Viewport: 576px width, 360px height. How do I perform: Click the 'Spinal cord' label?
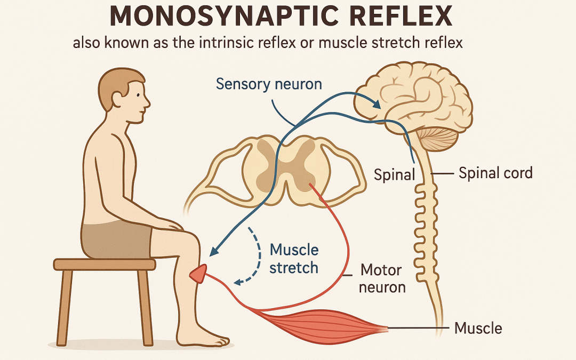pyautogui.click(x=495, y=173)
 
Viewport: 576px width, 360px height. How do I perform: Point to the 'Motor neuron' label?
pyautogui.click(x=382, y=277)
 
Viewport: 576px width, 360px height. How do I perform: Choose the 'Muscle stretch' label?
pyautogui.click(x=294, y=258)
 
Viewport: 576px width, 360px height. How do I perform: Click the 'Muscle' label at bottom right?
pyautogui.click(x=478, y=327)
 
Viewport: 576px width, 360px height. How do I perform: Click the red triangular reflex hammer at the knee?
pyautogui.click(x=199, y=274)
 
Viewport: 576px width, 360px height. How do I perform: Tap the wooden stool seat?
pyautogui.click(x=105, y=264)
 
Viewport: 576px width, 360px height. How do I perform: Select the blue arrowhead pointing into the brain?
pyautogui.click(x=377, y=105)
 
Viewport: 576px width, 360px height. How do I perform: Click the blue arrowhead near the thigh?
pyautogui.click(x=214, y=250)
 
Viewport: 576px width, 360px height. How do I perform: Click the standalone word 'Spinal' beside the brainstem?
pyautogui.click(x=395, y=174)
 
